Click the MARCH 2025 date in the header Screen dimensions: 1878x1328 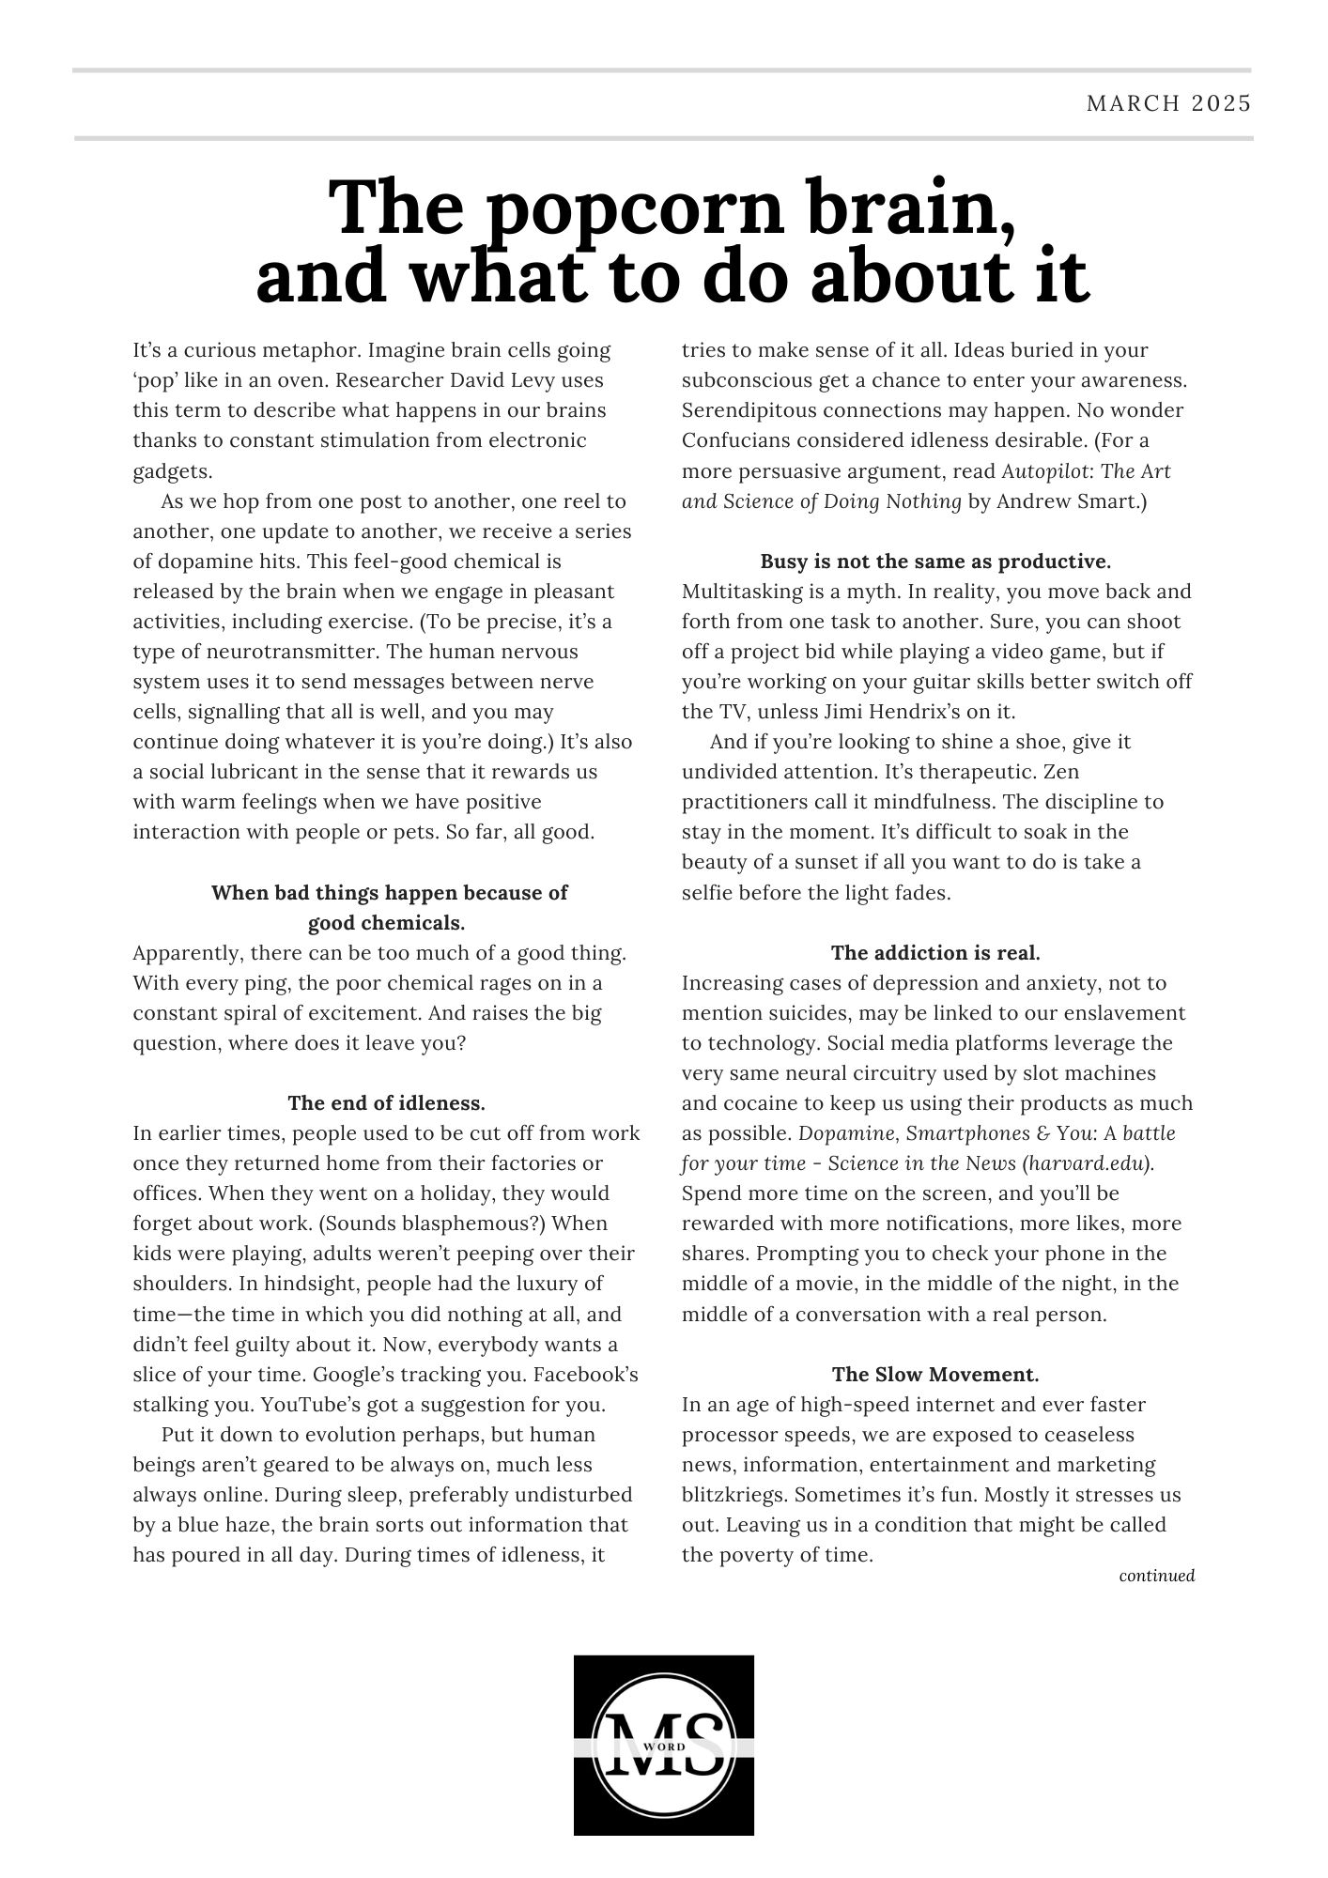point(1168,103)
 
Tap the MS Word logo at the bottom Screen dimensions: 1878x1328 point(663,1745)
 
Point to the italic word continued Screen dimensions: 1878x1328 point(1156,1576)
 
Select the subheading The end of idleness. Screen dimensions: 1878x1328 point(386,1102)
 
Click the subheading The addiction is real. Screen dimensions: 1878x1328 point(935,953)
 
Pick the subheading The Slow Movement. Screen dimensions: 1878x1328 point(935,1375)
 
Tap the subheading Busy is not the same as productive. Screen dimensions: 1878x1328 point(935,562)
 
